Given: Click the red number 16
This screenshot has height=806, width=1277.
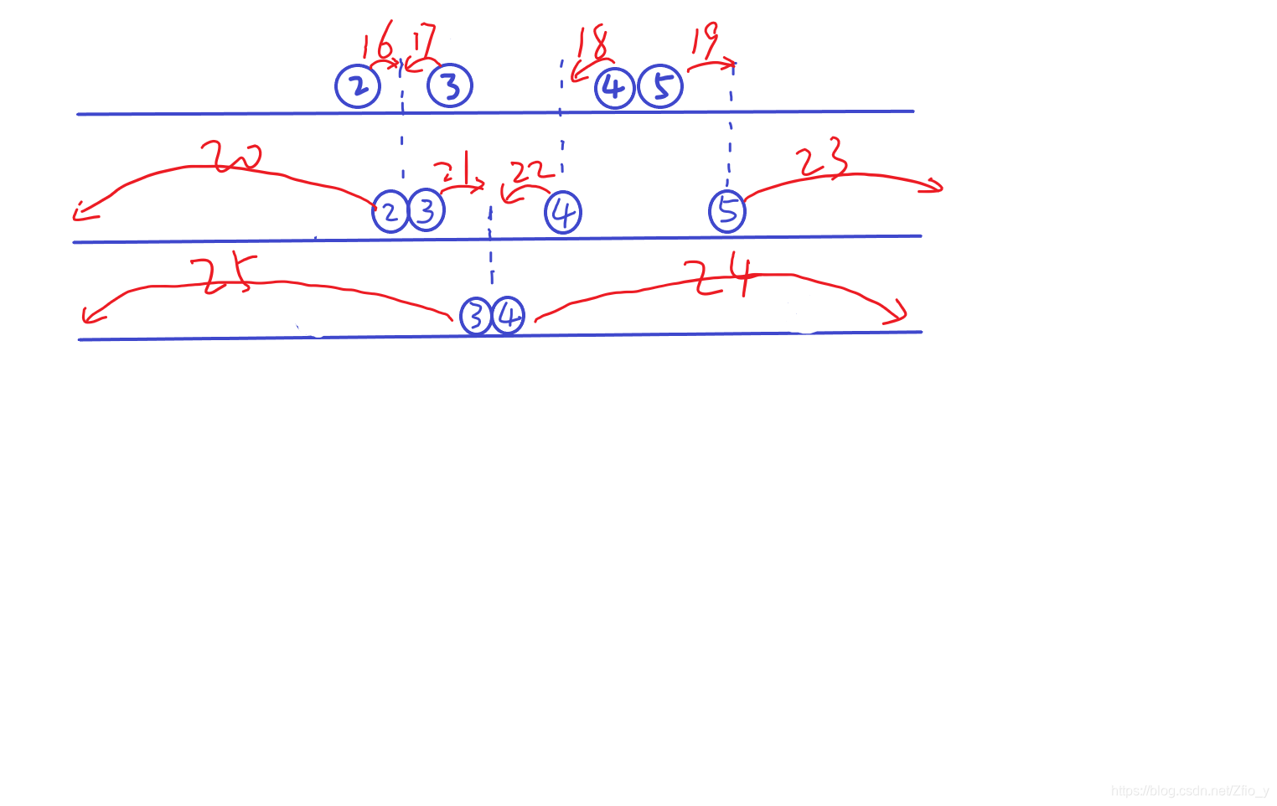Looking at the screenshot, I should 377,40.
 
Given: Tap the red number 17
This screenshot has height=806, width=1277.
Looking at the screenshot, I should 424,40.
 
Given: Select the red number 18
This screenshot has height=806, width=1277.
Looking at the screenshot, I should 592,42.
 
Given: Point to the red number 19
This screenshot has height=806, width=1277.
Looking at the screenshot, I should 705,40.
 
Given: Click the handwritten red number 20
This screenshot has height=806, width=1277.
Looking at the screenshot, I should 231,157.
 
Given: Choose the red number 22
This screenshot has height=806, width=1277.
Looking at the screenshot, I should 532,172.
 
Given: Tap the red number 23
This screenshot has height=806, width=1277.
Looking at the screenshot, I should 822,159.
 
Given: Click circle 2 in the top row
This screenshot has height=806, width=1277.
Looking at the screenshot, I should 358,85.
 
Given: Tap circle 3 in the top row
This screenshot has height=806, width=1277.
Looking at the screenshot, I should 450,85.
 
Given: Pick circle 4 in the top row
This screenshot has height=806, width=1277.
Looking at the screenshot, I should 614,87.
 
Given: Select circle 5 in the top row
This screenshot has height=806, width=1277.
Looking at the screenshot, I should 661,86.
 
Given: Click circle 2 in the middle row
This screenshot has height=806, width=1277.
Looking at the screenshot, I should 390,211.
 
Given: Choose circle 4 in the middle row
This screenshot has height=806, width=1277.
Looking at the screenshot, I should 563,212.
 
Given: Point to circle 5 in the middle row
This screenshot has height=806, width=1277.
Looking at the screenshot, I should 727,210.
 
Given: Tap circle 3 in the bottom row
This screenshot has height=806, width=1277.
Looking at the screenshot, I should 475,317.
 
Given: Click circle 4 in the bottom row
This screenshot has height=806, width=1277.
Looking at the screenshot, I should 508,316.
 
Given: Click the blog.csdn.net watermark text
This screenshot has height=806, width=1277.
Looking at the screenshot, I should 1189,791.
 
